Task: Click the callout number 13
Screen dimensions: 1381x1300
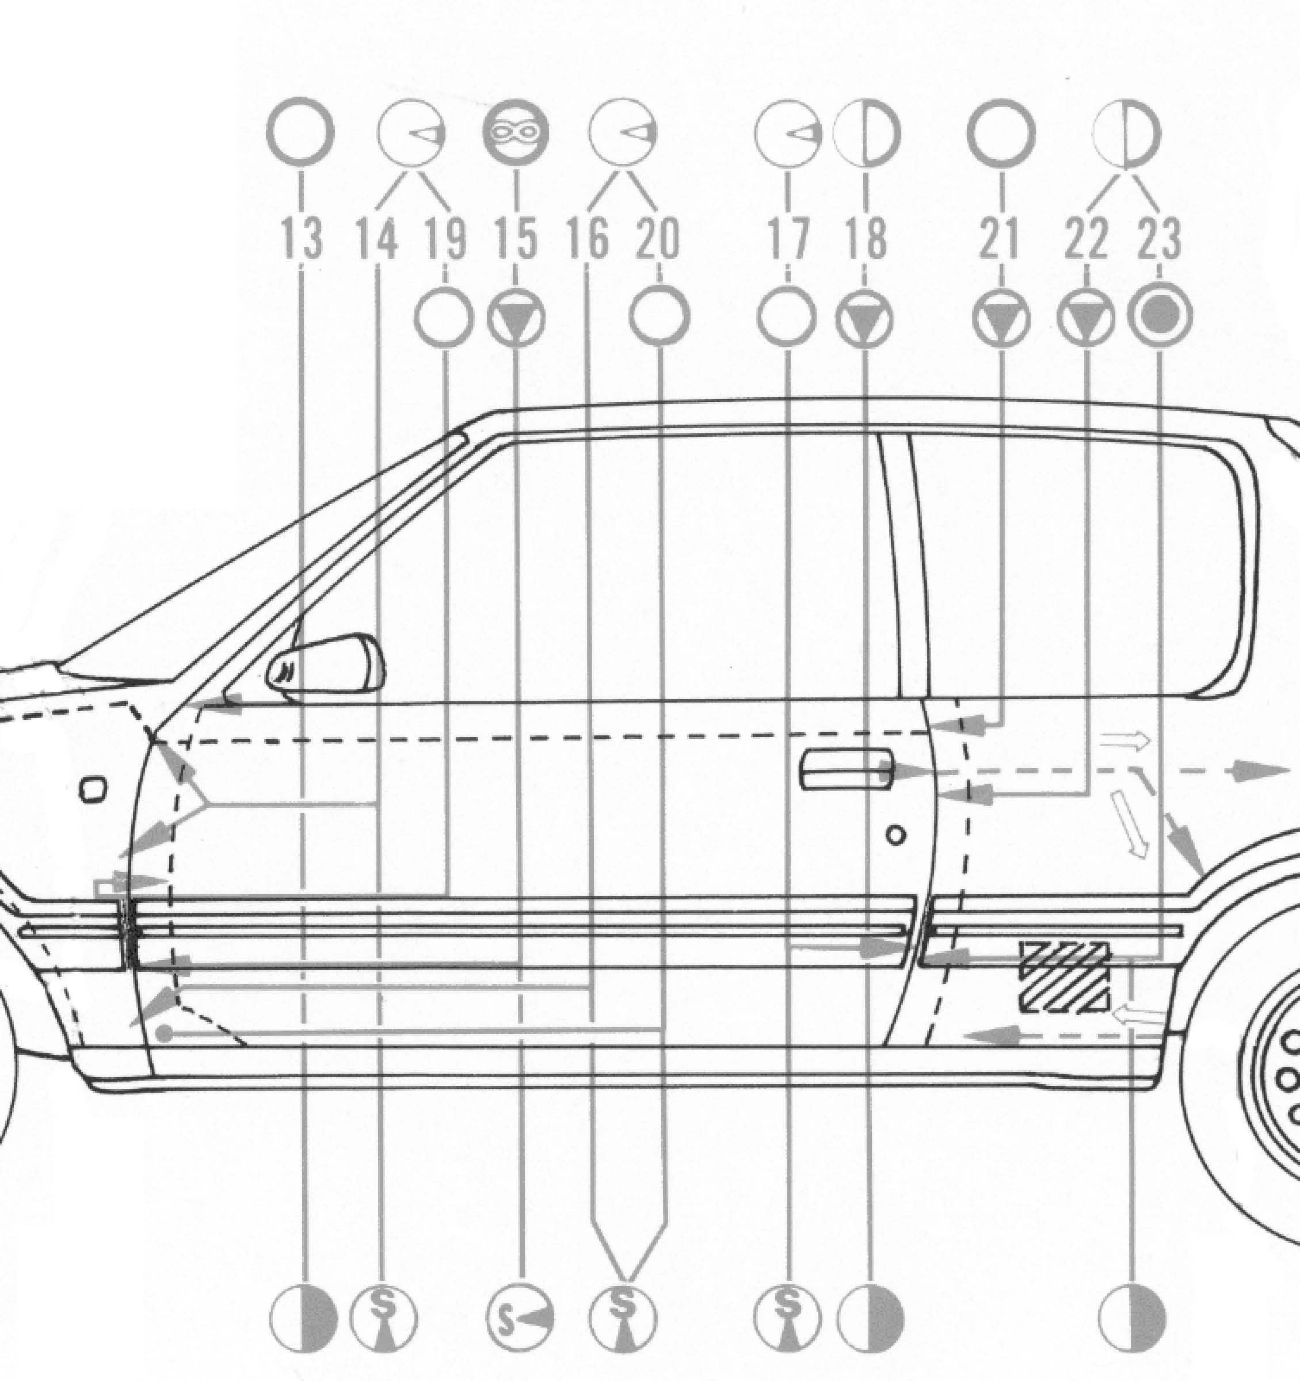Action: tap(302, 238)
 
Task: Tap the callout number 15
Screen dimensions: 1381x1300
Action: tap(516, 238)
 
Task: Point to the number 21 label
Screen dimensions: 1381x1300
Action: tap(1001, 238)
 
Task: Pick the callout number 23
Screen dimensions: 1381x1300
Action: tap(1159, 238)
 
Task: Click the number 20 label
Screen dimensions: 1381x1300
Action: tap(657, 238)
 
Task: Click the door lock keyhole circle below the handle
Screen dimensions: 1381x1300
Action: tap(897, 835)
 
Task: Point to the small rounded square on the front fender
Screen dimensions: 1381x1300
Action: tap(93, 789)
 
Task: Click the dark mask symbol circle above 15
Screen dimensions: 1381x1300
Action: tap(516, 131)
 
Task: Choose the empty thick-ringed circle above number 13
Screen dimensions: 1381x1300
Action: tap(301, 132)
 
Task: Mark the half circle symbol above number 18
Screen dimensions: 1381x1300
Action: tap(867, 132)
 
